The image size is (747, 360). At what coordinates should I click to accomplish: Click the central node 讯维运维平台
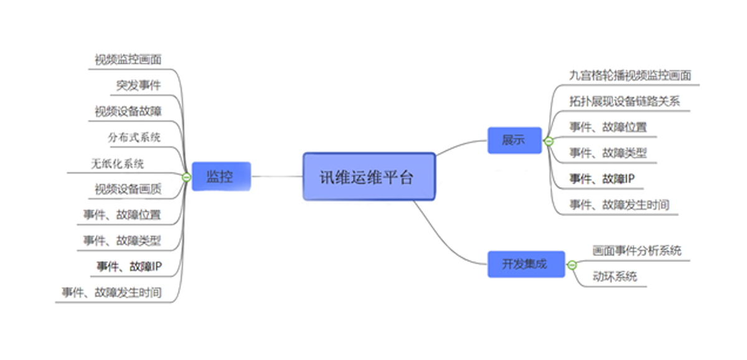coord(369,177)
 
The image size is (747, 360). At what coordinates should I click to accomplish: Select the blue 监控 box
coord(220,177)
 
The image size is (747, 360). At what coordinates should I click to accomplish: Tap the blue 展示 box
coord(514,140)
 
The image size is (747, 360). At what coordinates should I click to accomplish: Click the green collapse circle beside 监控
coord(186,178)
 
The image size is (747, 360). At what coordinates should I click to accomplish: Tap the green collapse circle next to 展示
coord(548,141)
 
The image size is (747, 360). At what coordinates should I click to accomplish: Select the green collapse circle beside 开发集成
coord(572,265)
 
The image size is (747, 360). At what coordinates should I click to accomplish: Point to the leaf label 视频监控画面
coord(128,60)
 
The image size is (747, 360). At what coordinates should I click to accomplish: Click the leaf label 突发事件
coord(138,86)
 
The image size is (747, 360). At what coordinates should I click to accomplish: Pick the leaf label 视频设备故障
coord(128,111)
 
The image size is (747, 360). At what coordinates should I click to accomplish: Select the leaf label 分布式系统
coord(134,137)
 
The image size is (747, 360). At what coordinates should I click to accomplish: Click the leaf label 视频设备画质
coord(128,189)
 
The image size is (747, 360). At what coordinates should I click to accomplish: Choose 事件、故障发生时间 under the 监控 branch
coord(111,292)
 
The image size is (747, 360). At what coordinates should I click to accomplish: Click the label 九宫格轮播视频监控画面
coord(630,75)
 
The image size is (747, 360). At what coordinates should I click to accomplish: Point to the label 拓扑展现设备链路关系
coord(624,101)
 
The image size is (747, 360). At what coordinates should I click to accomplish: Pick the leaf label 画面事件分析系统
coord(637,251)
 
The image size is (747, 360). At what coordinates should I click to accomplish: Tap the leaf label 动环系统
coord(614,277)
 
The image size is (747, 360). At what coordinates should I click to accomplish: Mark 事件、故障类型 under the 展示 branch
coord(608,153)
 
